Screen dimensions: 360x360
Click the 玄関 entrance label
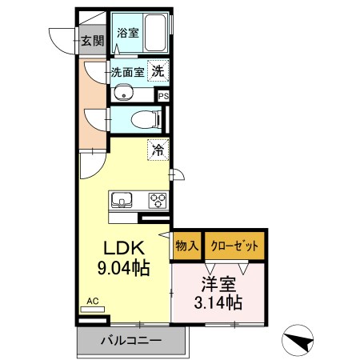click(x=92, y=42)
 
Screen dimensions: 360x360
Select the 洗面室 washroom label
click(x=127, y=71)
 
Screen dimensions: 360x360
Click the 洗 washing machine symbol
click(x=158, y=70)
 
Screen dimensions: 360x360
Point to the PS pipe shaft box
click(x=164, y=96)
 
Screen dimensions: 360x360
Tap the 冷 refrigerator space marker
click(x=158, y=149)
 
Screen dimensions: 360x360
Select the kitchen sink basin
click(x=123, y=199)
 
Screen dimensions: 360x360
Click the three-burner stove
click(x=155, y=200)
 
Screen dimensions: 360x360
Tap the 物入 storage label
click(x=186, y=246)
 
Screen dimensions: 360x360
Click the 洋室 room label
click(x=218, y=282)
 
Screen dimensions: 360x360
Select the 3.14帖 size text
click(x=218, y=303)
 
